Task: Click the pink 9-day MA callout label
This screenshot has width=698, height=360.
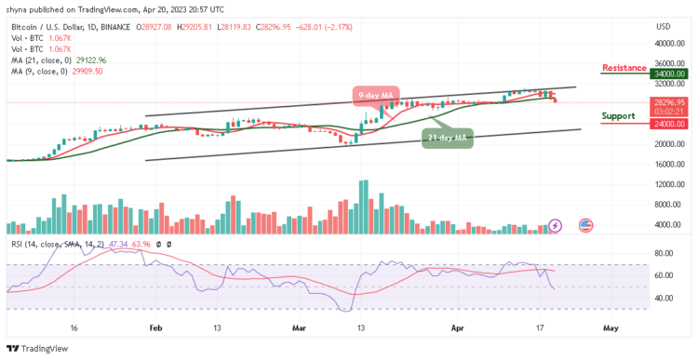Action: (376, 94)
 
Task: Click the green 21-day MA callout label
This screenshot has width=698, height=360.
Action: (447, 138)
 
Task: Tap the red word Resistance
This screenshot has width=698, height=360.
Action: (624, 68)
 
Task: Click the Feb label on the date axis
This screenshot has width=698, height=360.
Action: (155, 328)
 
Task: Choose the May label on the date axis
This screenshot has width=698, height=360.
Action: (611, 328)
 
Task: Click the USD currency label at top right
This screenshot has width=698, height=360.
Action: (663, 25)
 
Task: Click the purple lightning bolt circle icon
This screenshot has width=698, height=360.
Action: (556, 225)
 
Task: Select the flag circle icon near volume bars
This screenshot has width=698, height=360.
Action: (586, 225)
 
